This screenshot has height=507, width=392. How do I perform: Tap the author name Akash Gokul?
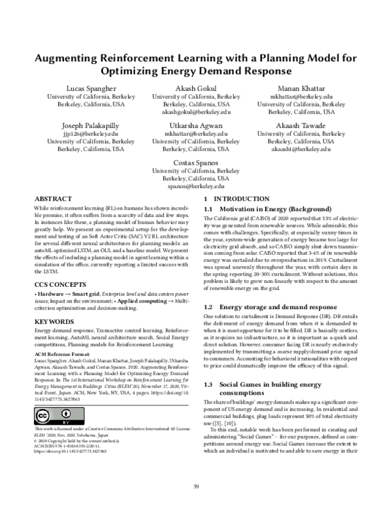click(196, 87)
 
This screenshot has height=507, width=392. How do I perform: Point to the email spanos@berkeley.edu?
click(196, 186)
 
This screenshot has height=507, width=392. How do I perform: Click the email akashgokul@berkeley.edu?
click(196, 112)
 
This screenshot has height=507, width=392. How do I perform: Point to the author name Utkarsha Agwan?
click(196, 124)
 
